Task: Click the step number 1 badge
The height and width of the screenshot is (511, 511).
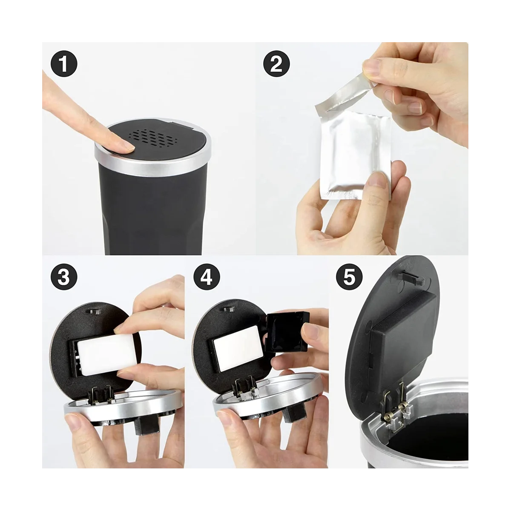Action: (x=64, y=63)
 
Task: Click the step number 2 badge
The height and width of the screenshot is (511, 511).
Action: (x=277, y=63)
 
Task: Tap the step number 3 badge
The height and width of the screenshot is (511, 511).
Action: (x=64, y=277)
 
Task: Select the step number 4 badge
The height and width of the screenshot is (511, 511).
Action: (x=207, y=277)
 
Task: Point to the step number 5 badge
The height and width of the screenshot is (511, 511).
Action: (x=349, y=277)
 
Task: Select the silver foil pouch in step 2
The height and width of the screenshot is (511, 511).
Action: (x=355, y=155)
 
